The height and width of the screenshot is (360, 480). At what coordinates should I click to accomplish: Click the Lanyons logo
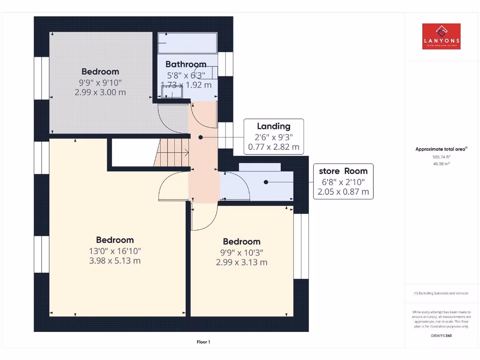coord(441,37)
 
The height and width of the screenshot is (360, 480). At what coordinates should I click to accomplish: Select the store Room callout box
coord(343,181)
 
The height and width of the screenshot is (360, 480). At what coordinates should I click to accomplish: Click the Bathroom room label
coord(186,64)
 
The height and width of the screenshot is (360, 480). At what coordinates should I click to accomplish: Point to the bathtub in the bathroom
coord(187,44)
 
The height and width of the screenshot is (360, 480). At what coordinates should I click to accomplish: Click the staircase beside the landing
coord(172,152)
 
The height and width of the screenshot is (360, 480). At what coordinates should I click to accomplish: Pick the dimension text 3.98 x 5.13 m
coord(115,261)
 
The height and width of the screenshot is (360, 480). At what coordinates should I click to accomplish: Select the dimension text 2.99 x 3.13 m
coord(241,262)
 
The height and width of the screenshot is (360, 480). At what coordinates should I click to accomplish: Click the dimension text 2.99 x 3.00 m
coord(100,92)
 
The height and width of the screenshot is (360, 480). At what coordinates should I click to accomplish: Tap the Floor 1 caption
coord(203,342)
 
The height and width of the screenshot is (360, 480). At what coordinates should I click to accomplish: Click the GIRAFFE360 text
coord(441,336)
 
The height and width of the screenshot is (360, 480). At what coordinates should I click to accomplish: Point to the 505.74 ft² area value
coord(441,157)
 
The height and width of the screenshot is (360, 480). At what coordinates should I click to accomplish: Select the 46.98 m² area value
coord(441,164)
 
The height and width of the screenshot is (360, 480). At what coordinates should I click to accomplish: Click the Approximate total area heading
coord(441,149)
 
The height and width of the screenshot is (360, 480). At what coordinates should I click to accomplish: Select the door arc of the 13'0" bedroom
coord(172,185)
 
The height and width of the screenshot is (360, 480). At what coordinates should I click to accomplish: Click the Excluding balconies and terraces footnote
coord(441,293)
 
